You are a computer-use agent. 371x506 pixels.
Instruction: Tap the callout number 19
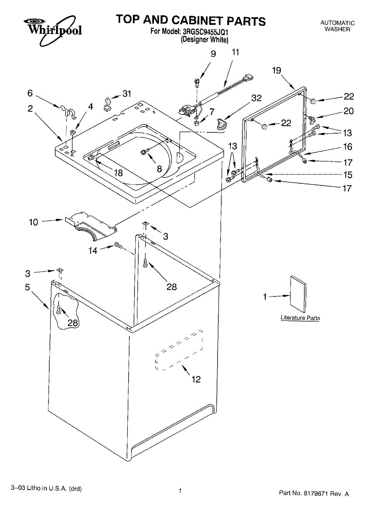(x=277, y=70)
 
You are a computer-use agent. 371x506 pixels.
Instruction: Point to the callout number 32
(x=256, y=98)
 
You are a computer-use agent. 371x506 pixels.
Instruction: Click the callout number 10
(x=34, y=222)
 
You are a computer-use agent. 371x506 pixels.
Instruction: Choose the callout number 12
(x=196, y=379)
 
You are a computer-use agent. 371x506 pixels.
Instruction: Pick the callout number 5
(x=27, y=288)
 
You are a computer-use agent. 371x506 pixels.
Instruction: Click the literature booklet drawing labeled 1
(x=298, y=293)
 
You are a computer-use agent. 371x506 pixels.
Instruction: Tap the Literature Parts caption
(x=300, y=318)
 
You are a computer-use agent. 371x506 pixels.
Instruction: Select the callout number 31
(x=127, y=94)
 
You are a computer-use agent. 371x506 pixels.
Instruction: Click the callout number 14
(x=93, y=250)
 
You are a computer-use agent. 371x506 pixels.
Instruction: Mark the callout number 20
(x=348, y=111)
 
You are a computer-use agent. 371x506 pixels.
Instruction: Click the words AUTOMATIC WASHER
(x=337, y=26)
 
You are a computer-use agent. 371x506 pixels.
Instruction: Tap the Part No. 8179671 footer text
(x=314, y=493)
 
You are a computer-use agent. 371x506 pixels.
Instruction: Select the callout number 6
(x=30, y=93)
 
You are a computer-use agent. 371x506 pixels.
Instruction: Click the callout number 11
(x=235, y=52)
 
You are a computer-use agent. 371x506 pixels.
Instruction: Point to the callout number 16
(x=347, y=147)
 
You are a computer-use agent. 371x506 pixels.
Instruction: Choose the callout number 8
(x=159, y=169)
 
